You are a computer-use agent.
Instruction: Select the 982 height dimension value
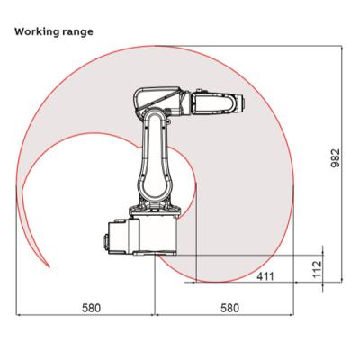click(336, 158)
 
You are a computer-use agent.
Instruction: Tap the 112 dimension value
click(317, 269)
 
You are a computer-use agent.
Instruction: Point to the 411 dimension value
click(265, 276)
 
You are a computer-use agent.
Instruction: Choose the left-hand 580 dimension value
click(92, 308)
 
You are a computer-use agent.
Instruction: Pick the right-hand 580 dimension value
click(230, 308)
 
